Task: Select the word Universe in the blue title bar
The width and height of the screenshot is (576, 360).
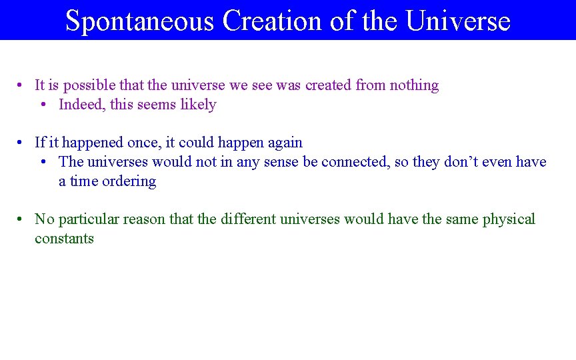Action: click(458, 21)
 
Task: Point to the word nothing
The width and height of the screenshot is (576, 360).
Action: click(414, 85)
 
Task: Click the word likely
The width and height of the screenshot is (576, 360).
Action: click(198, 105)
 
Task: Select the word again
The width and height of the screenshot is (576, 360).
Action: click(285, 143)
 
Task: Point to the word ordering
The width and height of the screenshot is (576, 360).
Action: click(129, 181)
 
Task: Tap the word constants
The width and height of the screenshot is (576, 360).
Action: click(64, 239)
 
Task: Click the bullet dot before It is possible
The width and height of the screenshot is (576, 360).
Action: click(22, 85)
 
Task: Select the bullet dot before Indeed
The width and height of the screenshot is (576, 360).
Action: click(45, 105)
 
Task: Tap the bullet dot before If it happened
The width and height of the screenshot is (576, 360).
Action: click(22, 143)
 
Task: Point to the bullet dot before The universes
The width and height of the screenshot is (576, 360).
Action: click(45, 162)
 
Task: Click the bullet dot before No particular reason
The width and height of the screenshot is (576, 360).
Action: click(22, 219)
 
